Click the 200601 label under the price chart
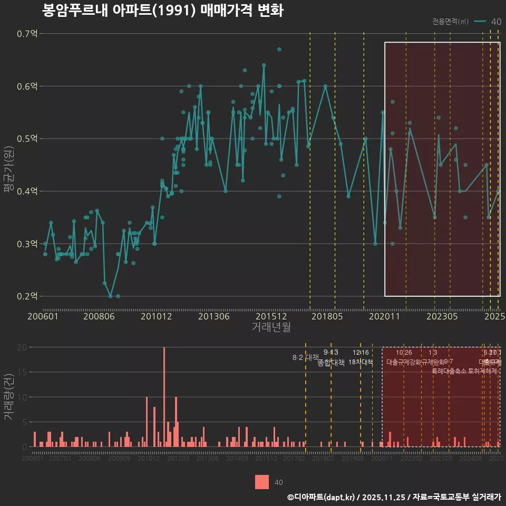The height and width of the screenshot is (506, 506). (x=43, y=317)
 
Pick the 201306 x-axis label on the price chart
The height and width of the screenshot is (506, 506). (x=213, y=317)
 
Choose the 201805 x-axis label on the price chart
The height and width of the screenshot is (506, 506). (x=327, y=317)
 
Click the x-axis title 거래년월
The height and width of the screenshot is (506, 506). (x=271, y=327)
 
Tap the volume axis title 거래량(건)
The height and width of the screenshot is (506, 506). (x=8, y=397)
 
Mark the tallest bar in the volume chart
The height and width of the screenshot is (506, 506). (x=164, y=397)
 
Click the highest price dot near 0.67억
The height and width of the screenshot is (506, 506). (x=279, y=50)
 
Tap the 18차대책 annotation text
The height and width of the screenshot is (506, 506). (x=361, y=362)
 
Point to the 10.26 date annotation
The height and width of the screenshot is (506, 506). (x=404, y=353)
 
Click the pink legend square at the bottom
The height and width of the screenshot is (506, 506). (x=262, y=482)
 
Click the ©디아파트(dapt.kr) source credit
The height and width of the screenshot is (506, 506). (x=321, y=497)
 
